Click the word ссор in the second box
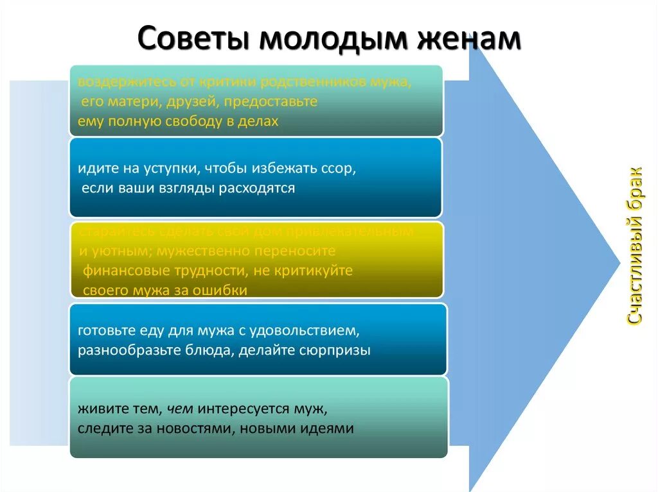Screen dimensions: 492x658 click(x=341, y=170)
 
